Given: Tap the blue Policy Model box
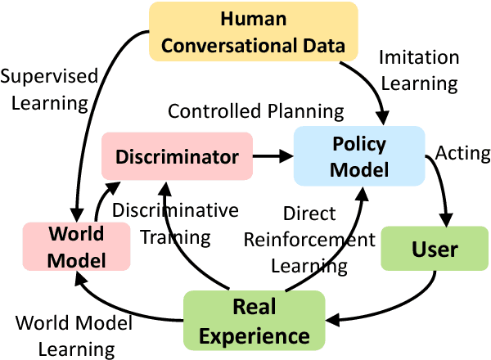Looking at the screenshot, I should point(358,155).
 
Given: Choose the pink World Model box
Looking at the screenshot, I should point(77,247).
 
